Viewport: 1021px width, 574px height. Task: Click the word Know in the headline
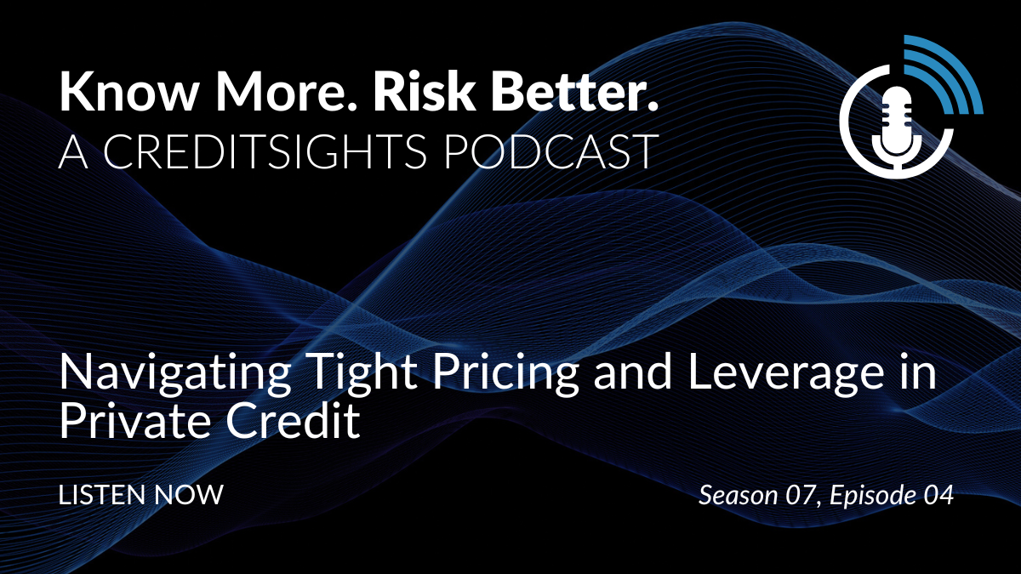[x=128, y=91]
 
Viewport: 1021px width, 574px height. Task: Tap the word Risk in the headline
[x=425, y=91]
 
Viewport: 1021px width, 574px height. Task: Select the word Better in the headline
[x=574, y=91]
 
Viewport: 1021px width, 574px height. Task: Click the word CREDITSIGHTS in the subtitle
[x=265, y=151]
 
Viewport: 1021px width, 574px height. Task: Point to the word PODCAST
[x=550, y=151]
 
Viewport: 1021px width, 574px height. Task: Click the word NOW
[x=189, y=495]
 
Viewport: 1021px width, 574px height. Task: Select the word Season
[x=739, y=495]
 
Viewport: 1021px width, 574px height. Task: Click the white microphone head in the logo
[x=897, y=115]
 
